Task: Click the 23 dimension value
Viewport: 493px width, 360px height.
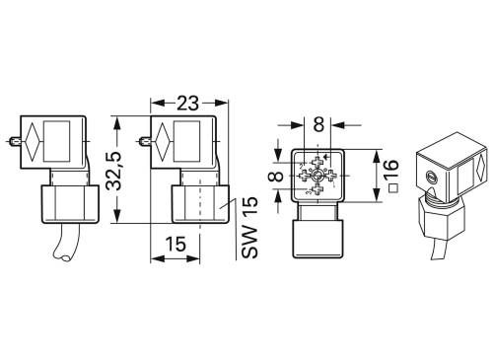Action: coord(187,102)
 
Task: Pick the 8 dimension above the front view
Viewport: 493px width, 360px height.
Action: coord(317,126)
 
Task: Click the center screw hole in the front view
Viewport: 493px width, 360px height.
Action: coord(317,174)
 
